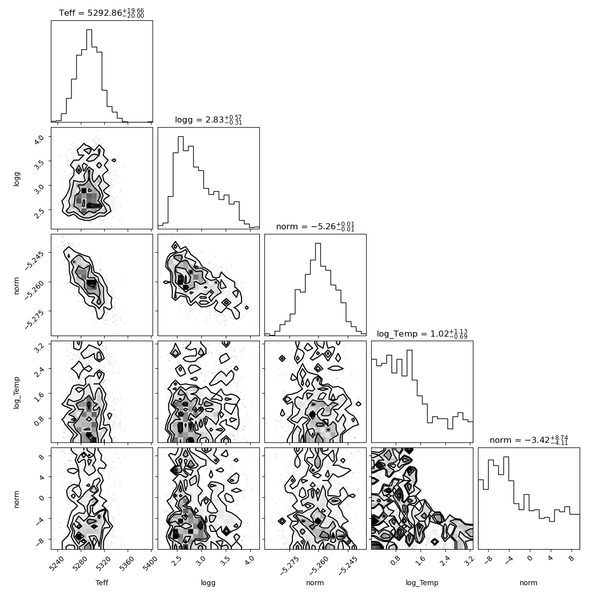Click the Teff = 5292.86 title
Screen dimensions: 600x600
pyautogui.click(x=101, y=13)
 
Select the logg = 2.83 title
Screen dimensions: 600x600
pyautogui.click(x=208, y=120)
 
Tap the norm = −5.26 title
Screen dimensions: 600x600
pyautogui.click(x=315, y=227)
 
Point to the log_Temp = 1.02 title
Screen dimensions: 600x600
pyautogui.click(x=422, y=334)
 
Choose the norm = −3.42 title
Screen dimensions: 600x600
pyautogui.click(x=529, y=440)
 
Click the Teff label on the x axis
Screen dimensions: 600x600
pyautogui.click(x=102, y=583)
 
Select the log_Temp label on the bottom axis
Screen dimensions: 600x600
pyautogui.click(x=422, y=583)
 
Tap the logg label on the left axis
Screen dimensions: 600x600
pyautogui.click(x=16, y=178)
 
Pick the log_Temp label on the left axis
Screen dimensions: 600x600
pyautogui.click(x=16, y=393)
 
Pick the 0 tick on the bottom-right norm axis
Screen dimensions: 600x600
pyautogui.click(x=529, y=559)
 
